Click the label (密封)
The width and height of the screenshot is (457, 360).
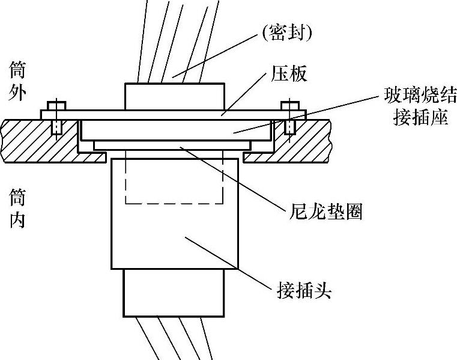click(286, 32)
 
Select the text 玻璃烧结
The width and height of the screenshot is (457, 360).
click(420, 95)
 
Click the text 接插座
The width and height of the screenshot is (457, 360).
click(420, 117)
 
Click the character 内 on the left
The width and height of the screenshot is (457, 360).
click(17, 220)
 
